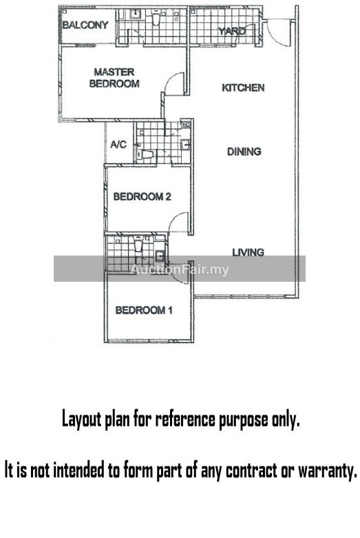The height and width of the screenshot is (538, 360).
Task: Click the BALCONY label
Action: (85, 25)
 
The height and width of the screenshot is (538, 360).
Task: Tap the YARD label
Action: (232, 31)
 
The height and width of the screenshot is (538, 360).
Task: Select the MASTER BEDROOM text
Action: (114, 78)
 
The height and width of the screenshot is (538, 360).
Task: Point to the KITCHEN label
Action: (243, 88)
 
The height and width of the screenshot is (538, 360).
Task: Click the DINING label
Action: (244, 152)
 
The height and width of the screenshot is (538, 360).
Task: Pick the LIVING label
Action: (248, 253)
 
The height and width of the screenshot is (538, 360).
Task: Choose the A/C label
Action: (118, 145)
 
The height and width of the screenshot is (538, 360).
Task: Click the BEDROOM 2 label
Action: (142, 196)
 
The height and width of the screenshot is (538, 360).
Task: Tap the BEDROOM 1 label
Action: (144, 310)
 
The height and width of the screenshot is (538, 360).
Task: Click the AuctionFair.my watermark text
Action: (180, 269)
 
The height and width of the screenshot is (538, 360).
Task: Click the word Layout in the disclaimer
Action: (82, 420)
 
